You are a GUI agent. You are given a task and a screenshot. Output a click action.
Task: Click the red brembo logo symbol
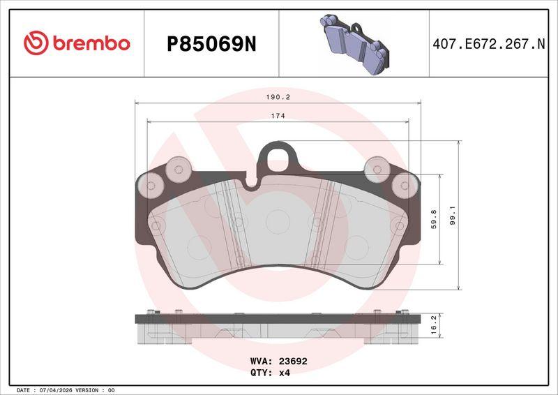36,43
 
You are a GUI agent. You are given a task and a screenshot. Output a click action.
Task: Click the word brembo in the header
91,43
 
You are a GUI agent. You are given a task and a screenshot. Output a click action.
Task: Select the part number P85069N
211,45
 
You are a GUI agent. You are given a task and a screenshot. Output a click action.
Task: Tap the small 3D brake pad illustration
354,44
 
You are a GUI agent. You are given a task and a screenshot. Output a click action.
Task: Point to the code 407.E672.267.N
489,44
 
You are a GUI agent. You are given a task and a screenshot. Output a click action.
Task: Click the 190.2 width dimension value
278,97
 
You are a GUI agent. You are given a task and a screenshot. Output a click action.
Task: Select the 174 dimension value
278,116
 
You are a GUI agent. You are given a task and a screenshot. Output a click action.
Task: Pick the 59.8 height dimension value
434,219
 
